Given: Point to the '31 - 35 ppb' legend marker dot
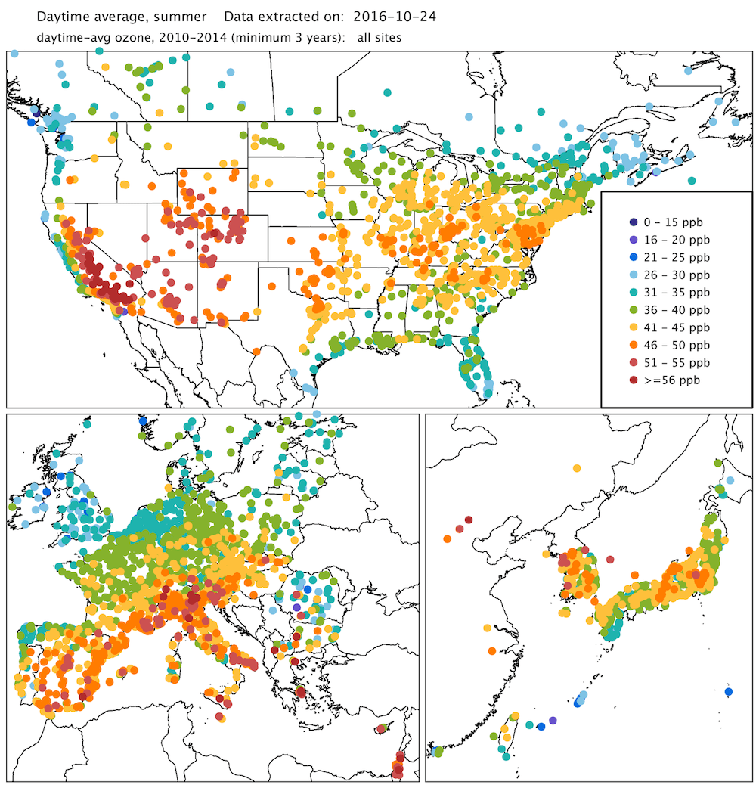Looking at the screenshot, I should (633, 292).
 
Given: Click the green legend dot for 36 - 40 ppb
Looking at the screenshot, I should (633, 309).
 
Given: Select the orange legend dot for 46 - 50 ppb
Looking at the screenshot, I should (633, 345).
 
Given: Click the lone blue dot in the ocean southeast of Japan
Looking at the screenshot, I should (728, 691).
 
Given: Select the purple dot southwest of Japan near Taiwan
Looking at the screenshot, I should (553, 721).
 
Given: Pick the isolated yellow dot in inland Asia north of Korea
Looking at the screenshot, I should (578, 468).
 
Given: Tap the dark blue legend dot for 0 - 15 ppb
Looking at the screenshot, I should (633, 222).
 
